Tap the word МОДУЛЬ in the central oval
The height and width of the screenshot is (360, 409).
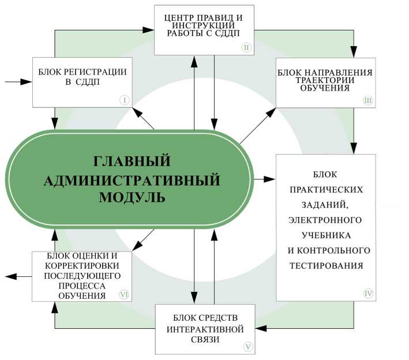click(132, 197)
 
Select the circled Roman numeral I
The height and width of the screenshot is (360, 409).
click(125, 99)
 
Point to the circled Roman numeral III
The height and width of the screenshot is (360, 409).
click(367, 100)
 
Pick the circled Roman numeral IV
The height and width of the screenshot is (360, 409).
click(368, 293)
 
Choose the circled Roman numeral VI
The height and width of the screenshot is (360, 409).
click(123, 294)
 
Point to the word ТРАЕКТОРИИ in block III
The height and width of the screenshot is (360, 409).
click(325, 81)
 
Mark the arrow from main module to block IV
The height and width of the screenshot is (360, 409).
click(264, 179)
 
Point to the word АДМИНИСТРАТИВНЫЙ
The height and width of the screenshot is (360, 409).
click(132, 179)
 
